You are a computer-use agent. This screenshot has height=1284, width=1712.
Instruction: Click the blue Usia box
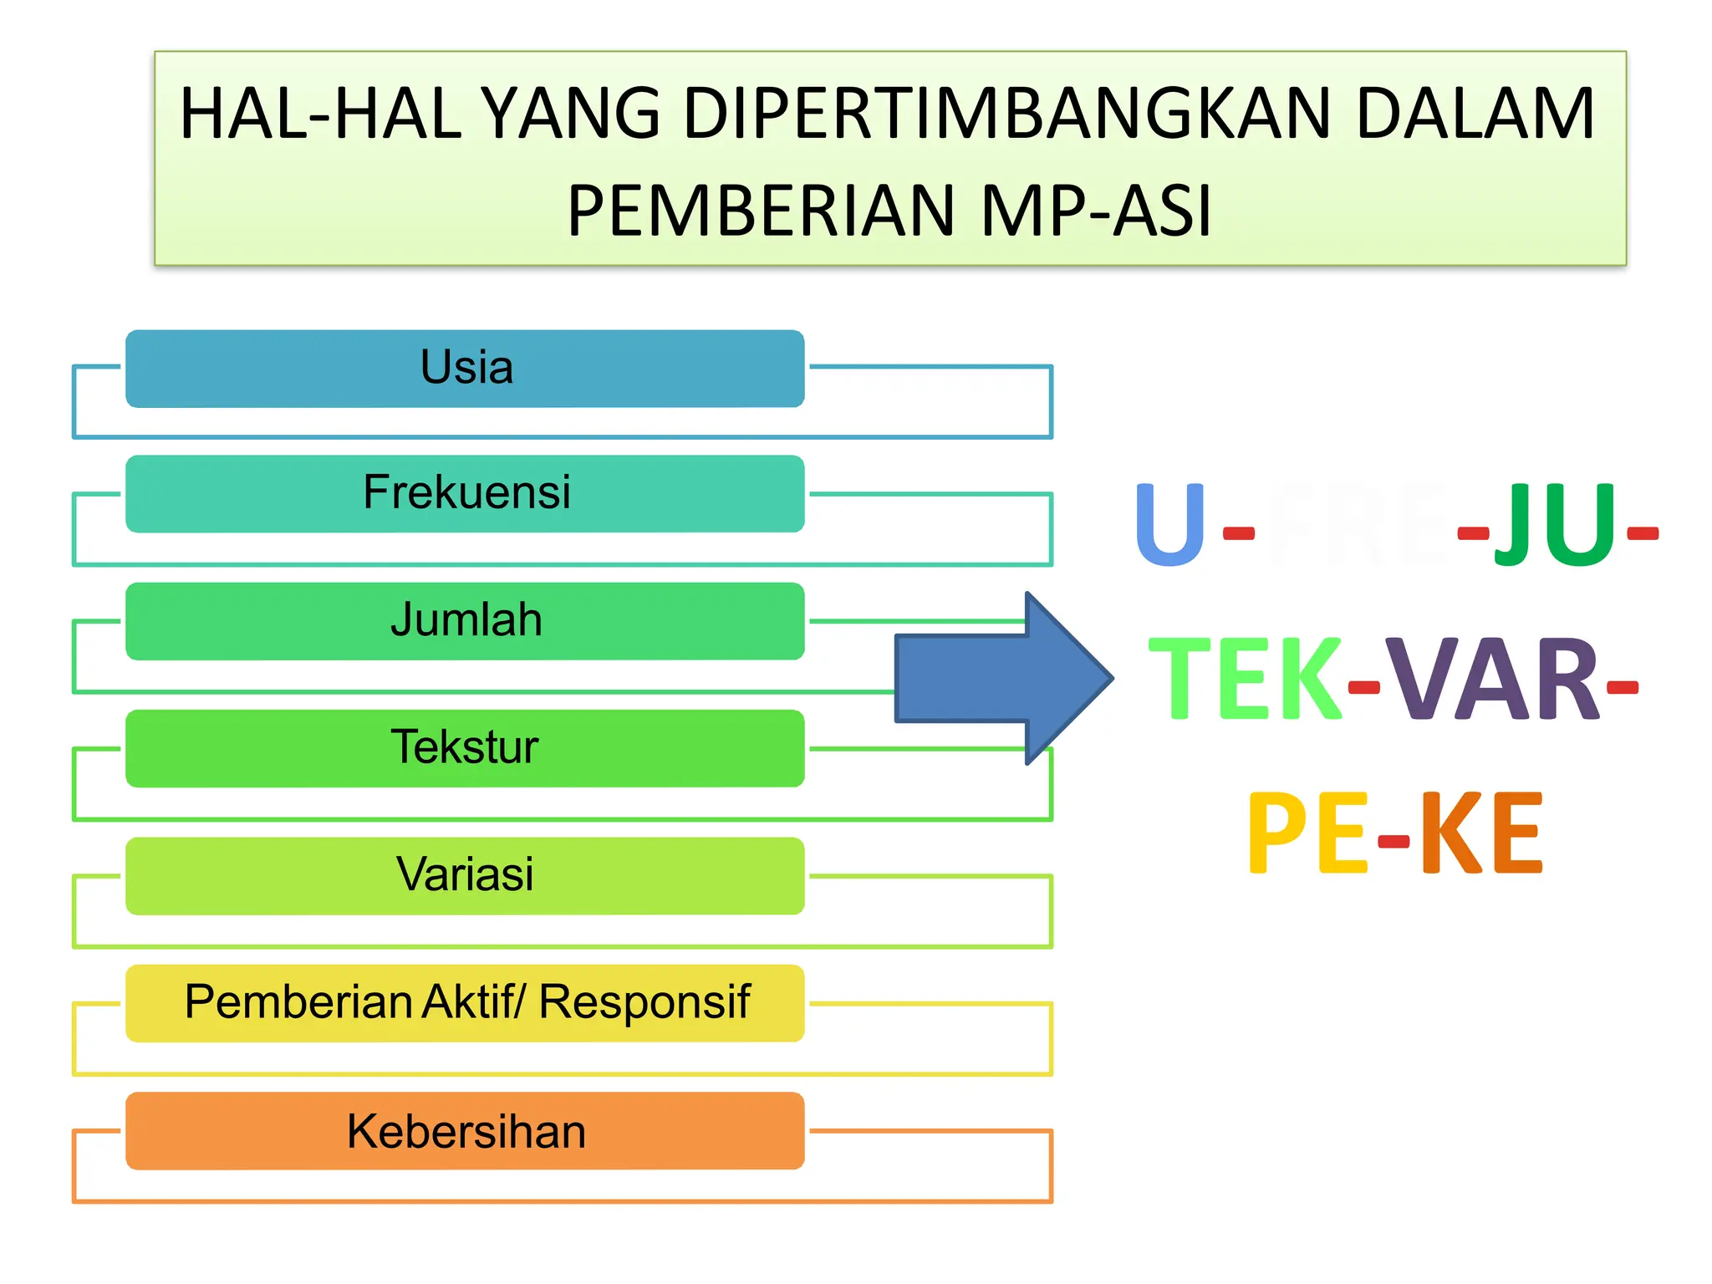465,369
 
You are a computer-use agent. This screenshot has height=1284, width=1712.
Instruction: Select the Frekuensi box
465,493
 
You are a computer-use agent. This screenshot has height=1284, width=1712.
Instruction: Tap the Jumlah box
465,621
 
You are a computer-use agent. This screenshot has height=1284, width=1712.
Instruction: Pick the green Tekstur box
465,748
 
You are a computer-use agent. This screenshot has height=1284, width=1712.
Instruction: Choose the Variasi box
465,875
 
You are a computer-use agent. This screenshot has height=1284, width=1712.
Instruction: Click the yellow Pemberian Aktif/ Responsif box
465,1002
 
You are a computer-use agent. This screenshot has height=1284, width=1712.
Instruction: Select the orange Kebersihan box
465,1130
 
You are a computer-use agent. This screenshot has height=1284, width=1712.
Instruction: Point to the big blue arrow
1003,678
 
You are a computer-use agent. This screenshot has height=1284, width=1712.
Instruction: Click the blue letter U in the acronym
1170,525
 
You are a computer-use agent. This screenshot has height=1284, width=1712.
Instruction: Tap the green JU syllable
1555,525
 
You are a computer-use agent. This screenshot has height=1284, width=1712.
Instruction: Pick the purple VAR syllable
1492,678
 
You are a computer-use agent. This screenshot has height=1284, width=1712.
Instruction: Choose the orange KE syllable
1480,833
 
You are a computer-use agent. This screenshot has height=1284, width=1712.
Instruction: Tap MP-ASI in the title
1095,211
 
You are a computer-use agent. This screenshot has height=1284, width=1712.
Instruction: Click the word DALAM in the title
1475,114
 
